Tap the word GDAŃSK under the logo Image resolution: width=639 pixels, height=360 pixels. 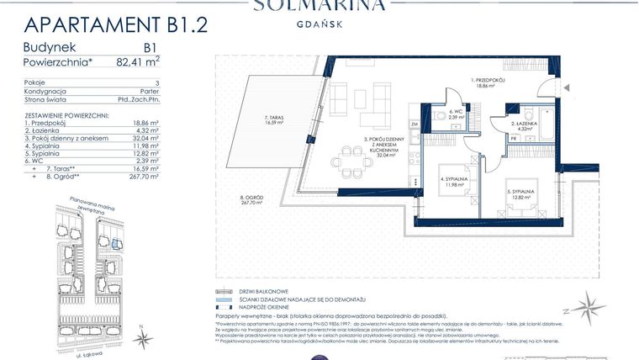[319, 24]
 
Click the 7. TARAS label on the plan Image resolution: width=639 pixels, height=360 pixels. [271, 119]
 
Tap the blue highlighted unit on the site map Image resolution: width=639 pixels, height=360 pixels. [116, 245]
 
